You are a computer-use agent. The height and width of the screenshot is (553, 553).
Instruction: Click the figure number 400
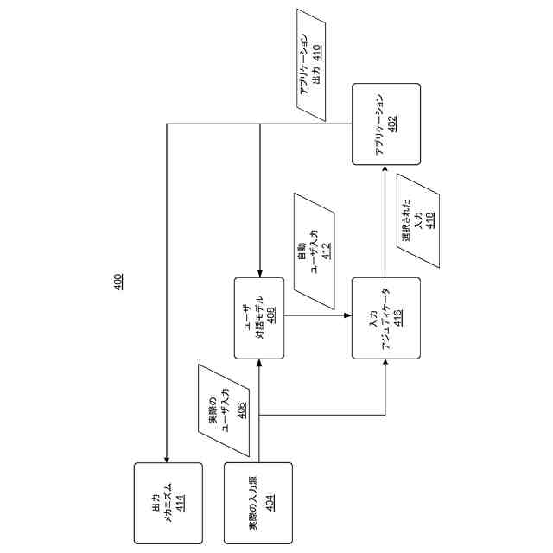click(118, 281)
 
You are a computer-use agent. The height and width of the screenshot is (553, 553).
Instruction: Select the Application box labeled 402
click(385, 124)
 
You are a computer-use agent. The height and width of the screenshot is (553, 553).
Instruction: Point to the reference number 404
click(270, 503)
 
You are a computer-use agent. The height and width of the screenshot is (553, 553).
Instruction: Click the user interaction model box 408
click(258, 317)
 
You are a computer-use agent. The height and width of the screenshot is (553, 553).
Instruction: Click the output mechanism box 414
click(168, 503)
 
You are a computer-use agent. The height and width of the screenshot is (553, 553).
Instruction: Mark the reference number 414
click(180, 503)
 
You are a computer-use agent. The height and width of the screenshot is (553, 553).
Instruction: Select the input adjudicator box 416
click(385, 317)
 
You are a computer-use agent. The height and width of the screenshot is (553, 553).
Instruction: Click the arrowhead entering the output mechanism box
click(168, 457)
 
